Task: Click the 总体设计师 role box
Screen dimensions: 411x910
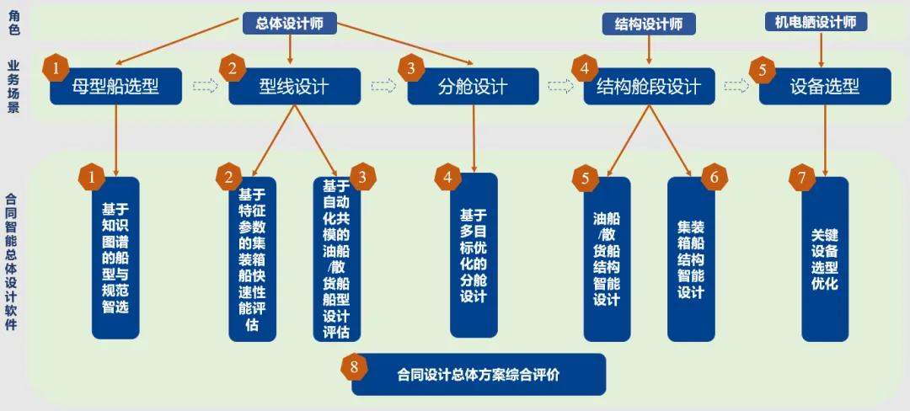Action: click(289, 23)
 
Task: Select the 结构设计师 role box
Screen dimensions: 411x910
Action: click(648, 24)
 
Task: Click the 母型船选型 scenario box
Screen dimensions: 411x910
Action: click(115, 86)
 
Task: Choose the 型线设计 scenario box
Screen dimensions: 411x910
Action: click(294, 86)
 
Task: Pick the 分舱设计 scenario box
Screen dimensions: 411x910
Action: click(473, 86)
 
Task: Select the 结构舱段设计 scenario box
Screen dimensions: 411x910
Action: click(649, 86)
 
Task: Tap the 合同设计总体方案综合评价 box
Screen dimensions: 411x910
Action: click(479, 374)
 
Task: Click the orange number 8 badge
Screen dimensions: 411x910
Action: click(354, 366)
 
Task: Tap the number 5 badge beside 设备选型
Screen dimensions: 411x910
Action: click(762, 71)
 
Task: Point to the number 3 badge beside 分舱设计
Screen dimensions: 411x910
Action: click(410, 68)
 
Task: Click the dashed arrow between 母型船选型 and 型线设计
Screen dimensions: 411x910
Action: click(205, 86)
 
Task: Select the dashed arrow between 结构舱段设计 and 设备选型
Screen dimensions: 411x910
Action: click(736, 86)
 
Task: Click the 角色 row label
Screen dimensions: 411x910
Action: click(13, 22)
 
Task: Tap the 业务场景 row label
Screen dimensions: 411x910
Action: click(13, 86)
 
